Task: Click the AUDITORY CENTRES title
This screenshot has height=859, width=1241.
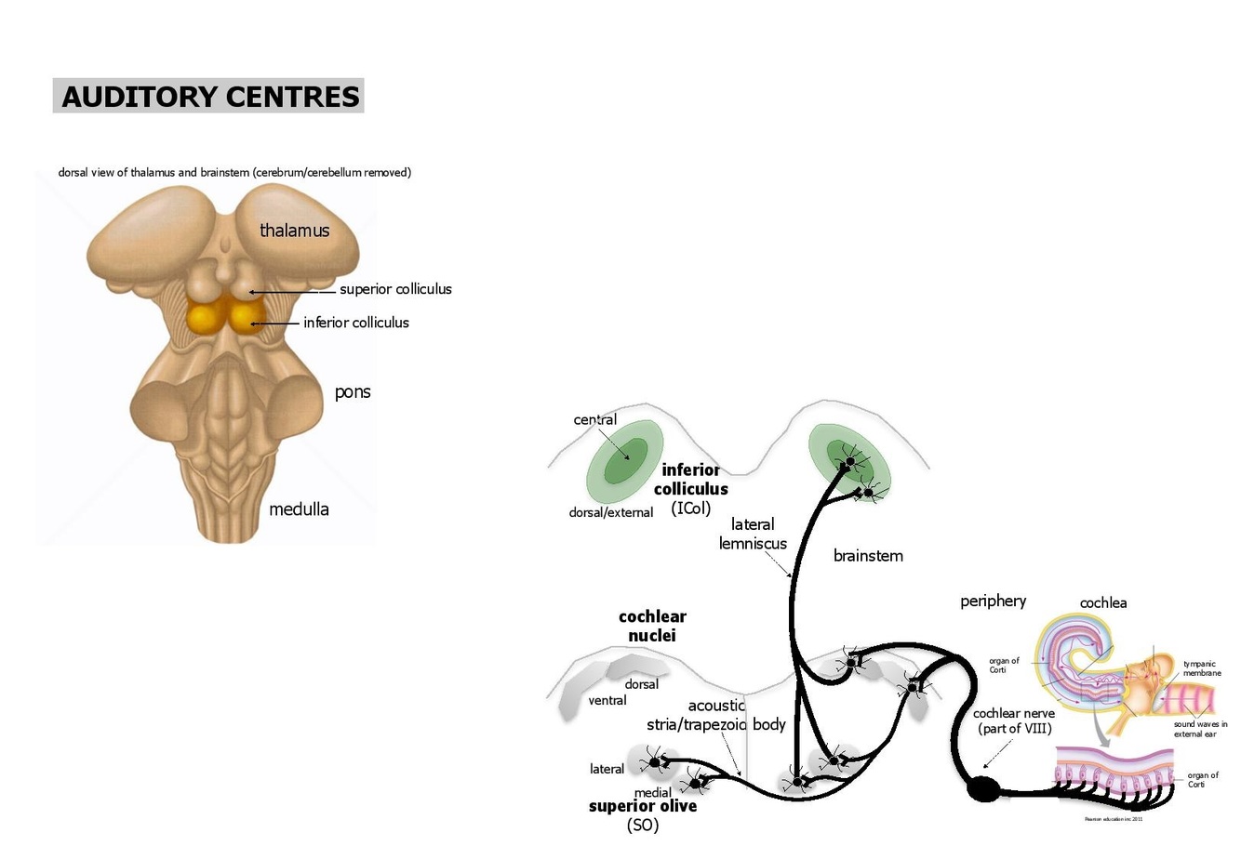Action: [x=209, y=97]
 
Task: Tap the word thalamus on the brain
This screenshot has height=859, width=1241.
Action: [x=294, y=231]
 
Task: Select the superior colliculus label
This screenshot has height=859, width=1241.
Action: [x=395, y=289]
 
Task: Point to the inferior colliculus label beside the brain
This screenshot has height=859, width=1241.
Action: [x=355, y=323]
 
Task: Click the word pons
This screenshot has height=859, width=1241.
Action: [x=353, y=391]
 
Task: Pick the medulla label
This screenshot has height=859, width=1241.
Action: [x=299, y=509]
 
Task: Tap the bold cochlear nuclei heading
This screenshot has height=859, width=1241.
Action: [x=652, y=626]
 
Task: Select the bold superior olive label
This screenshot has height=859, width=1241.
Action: [x=643, y=806]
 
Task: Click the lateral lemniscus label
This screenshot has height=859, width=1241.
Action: [x=753, y=534]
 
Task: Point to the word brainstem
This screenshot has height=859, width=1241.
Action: [x=868, y=556]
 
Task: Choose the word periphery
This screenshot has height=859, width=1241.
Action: [x=993, y=601]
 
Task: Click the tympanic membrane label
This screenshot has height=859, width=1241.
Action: [x=1202, y=668]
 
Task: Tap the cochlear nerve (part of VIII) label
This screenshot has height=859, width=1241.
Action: [x=1014, y=720]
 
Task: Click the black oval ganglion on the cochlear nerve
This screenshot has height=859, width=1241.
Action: [x=983, y=789]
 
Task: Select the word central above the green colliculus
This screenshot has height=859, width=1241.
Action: [x=595, y=419]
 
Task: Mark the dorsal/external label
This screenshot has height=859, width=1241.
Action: [x=611, y=512]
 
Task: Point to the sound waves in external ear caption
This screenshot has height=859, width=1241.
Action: [x=1200, y=729]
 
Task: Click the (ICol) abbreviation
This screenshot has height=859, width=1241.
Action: [x=690, y=508]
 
